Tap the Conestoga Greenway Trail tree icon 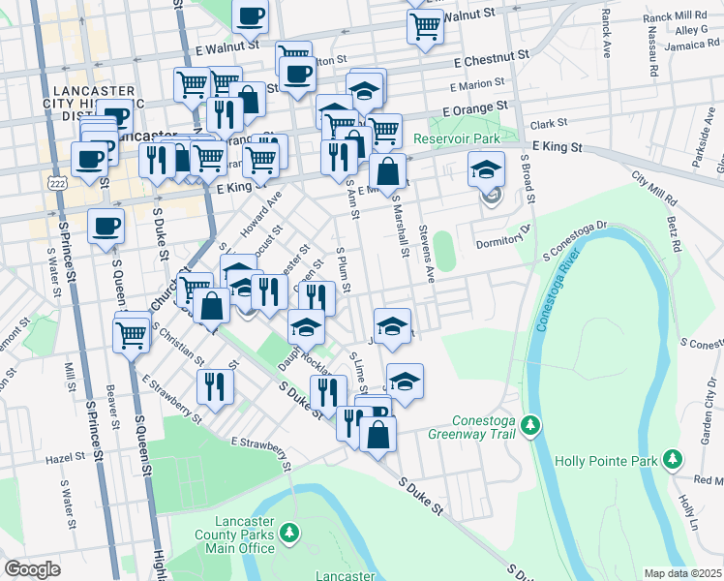[529, 424]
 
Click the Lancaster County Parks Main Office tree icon [287, 532]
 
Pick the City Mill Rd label [654, 188]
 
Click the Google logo [32, 569]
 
